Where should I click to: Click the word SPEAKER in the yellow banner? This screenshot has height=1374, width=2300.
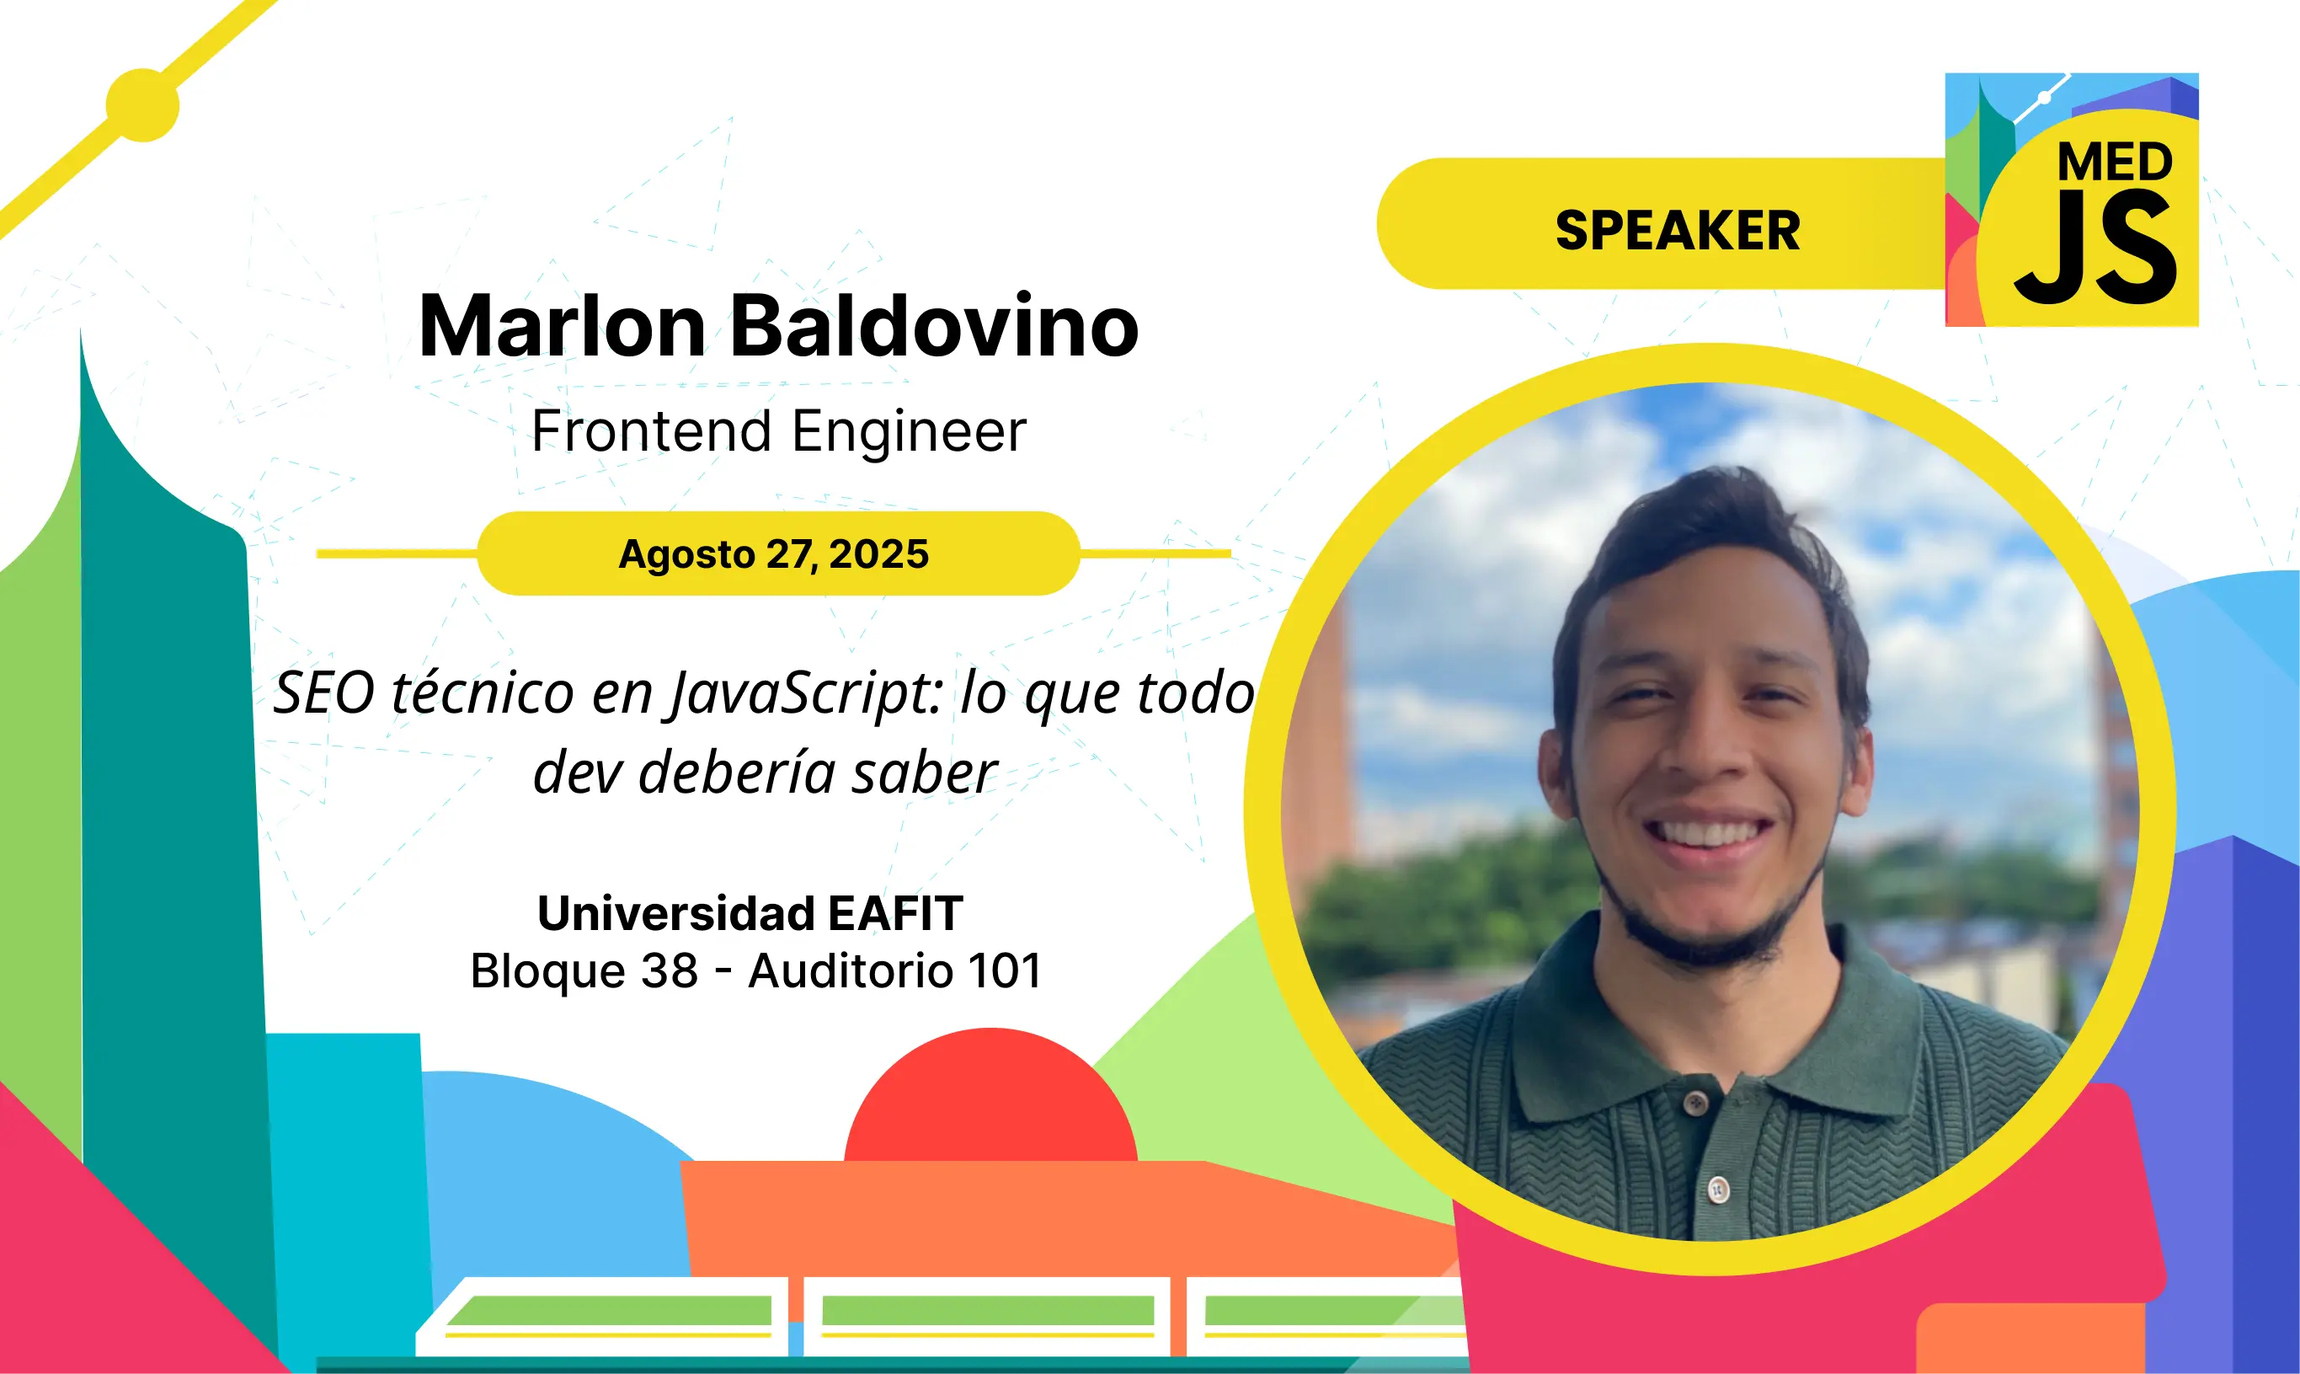[1677, 231]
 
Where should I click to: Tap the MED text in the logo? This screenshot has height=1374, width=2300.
[2114, 163]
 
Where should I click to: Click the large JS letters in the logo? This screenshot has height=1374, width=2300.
[2095, 249]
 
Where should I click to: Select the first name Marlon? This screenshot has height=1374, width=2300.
[563, 326]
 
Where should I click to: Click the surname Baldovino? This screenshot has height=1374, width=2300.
[935, 326]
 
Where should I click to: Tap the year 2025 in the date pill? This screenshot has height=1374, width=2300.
[878, 553]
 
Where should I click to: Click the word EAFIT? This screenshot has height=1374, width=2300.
[895, 914]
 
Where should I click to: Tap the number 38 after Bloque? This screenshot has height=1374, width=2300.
[670, 971]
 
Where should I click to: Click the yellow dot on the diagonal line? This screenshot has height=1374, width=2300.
[142, 104]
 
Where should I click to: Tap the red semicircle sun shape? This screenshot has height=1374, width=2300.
[990, 1094]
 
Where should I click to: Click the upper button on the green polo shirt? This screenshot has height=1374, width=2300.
[1695, 1102]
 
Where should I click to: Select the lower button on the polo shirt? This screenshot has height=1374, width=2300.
[1718, 1189]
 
